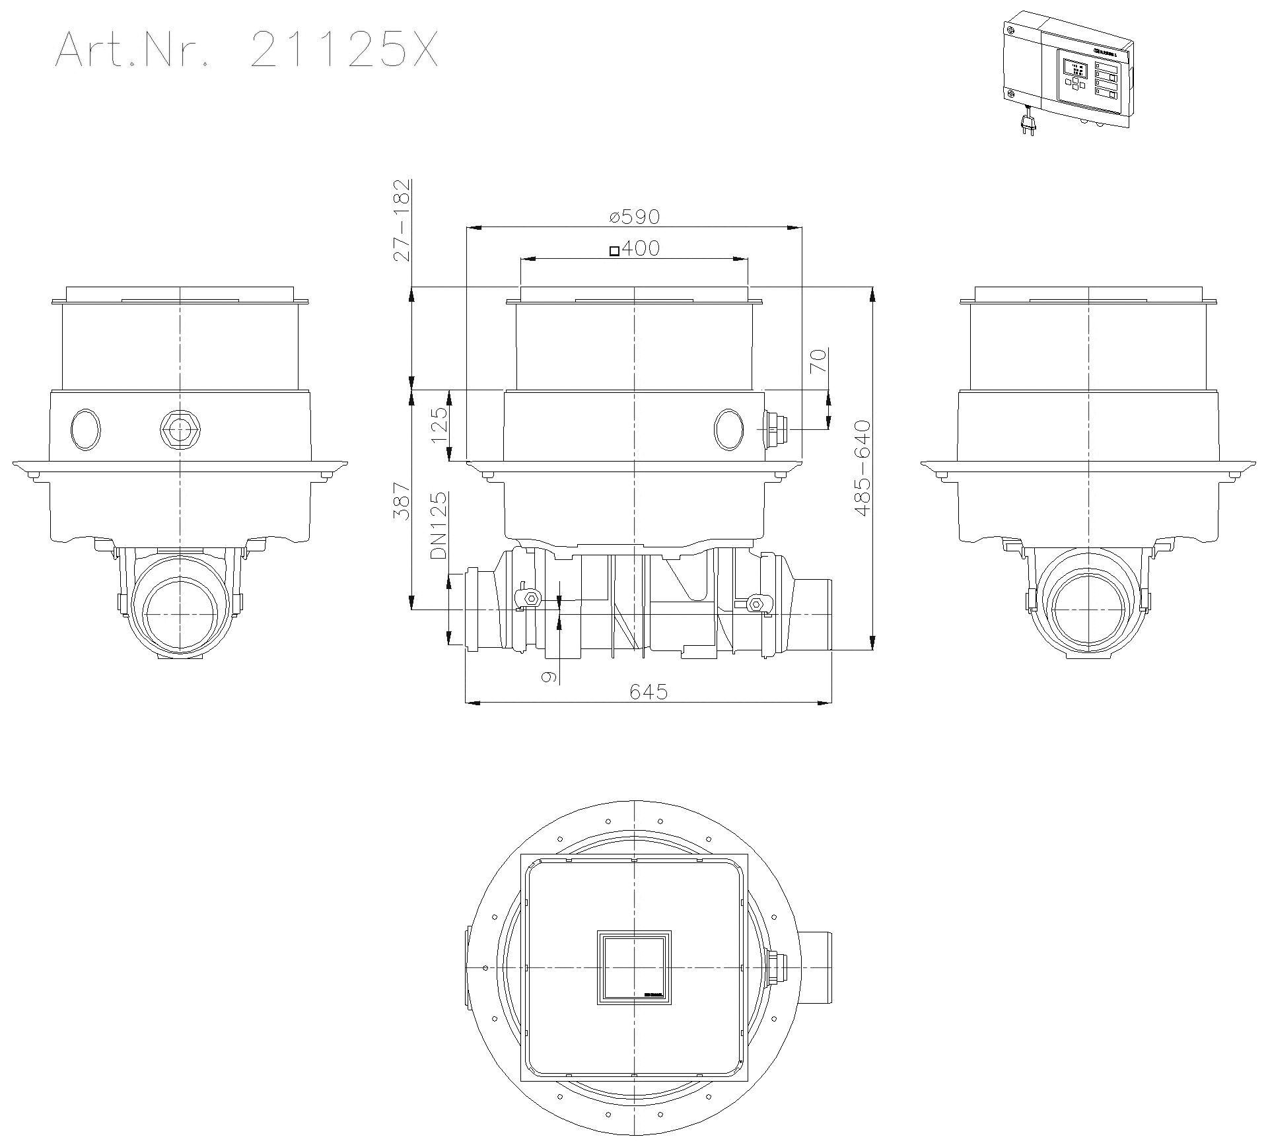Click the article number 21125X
[x=344, y=50]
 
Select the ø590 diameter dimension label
[x=635, y=216]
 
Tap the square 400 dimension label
[x=634, y=248]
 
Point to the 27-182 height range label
[x=401, y=220]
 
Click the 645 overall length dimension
[x=648, y=691]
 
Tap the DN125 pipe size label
[x=439, y=526]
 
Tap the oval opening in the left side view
[x=86, y=430]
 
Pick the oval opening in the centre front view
[x=728, y=430]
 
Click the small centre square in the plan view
[x=634, y=967]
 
